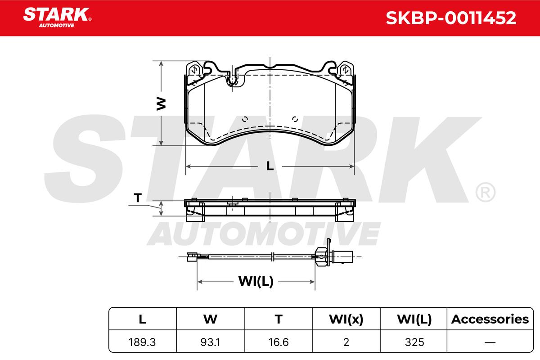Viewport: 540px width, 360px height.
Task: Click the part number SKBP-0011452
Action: pyautogui.click(x=451, y=18)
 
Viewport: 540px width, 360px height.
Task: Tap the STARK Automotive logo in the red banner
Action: pyautogui.click(x=57, y=18)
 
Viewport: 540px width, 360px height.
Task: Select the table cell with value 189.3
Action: pyautogui.click(x=142, y=342)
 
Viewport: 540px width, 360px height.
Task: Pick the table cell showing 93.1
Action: pyautogui.click(x=210, y=342)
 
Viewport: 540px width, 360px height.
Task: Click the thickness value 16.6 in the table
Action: pyautogui.click(x=279, y=342)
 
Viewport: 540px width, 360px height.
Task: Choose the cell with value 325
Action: pyautogui.click(x=414, y=342)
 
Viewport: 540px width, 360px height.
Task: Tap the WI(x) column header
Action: pyautogui.click(x=346, y=319)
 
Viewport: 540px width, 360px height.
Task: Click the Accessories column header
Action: pyautogui.click(x=490, y=319)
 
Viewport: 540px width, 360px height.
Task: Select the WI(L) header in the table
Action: pyautogui.click(x=414, y=319)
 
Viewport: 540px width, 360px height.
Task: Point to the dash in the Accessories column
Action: pyautogui.click(x=490, y=342)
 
